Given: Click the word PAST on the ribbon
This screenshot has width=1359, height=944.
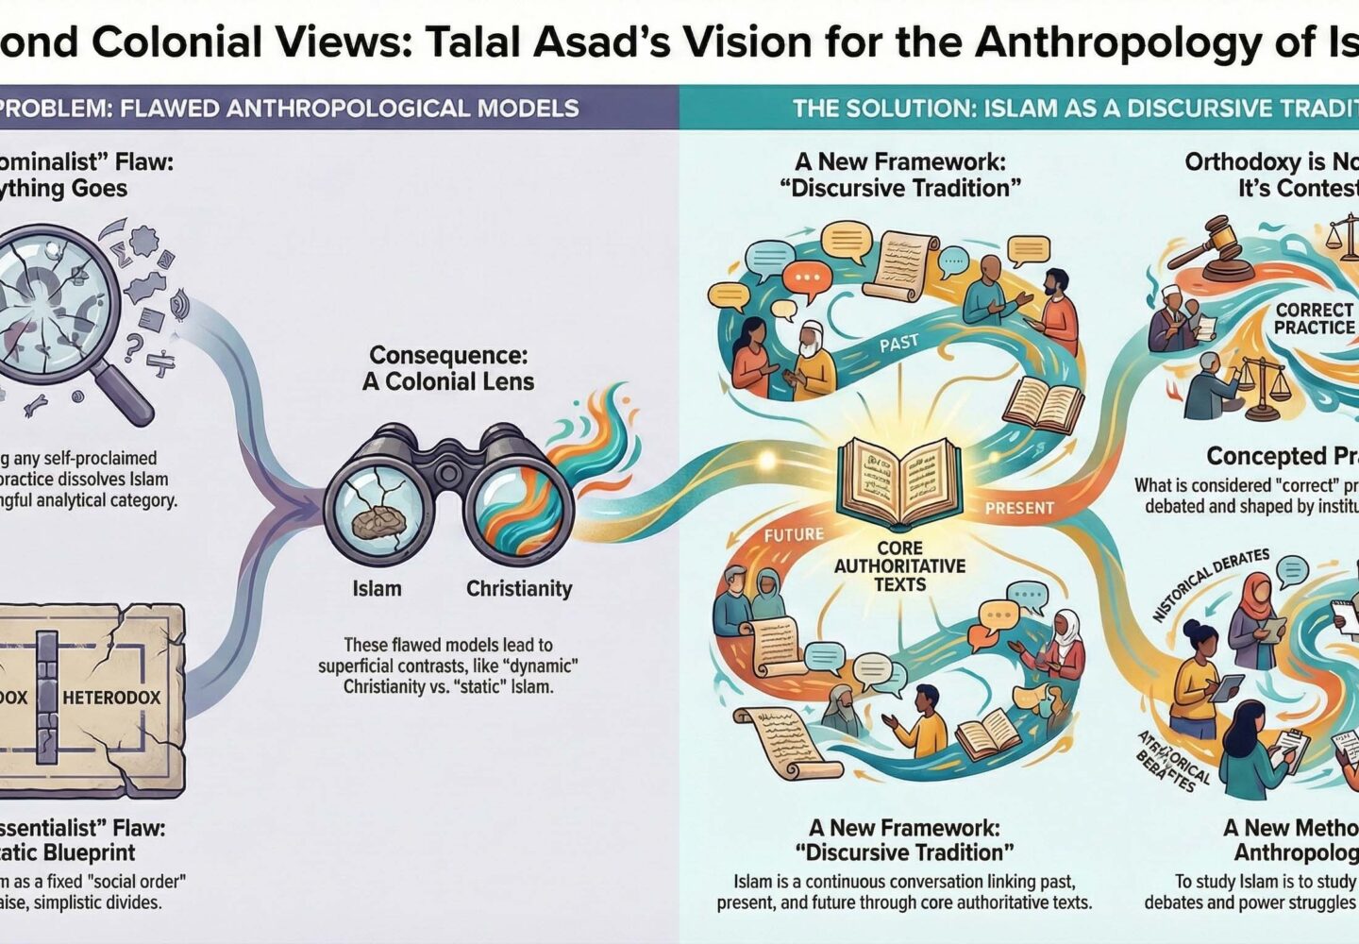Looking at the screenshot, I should (898, 343).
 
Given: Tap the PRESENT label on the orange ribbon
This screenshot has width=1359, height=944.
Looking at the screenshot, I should (1019, 508).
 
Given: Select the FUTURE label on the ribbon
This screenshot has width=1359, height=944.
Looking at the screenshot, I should (794, 535).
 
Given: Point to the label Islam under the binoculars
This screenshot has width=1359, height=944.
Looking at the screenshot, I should (377, 589).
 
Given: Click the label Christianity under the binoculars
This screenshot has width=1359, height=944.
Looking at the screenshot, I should (519, 589).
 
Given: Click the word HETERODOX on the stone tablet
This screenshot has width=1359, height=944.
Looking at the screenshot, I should (111, 698).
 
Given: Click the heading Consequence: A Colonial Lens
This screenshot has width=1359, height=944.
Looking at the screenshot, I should (448, 368).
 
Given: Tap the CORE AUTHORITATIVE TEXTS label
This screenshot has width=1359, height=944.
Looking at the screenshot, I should (899, 565).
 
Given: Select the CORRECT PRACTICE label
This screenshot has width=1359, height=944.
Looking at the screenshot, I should (1314, 318).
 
